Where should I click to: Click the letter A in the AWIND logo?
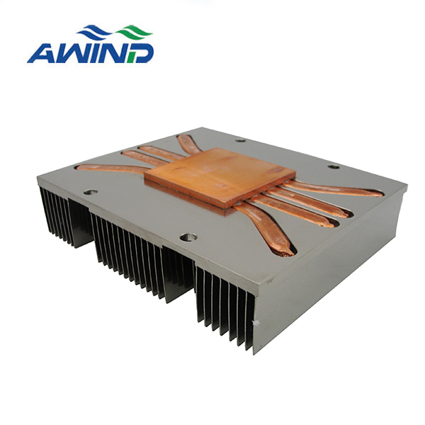pyautogui.click(x=40, y=53)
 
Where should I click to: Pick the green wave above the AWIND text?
pyautogui.click(x=134, y=32)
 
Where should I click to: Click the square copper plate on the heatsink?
pyautogui.click(x=220, y=178)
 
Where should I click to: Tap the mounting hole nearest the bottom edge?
pyautogui.click(x=188, y=237)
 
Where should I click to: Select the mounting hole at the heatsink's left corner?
pyautogui.click(x=91, y=192)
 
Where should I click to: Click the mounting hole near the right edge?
pyautogui.click(x=334, y=166)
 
